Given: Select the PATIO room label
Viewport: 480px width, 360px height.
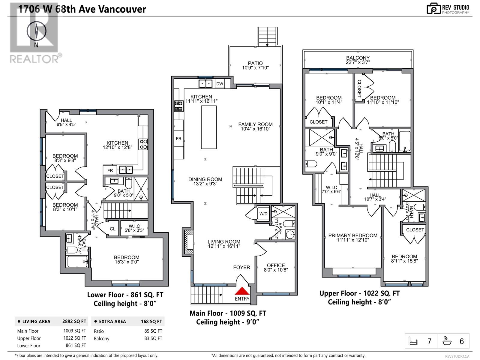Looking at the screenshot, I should tap(255, 63).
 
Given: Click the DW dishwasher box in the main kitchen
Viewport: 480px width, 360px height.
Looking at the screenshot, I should tap(220, 84).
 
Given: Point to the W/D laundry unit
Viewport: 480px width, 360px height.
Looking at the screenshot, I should tap(263, 214).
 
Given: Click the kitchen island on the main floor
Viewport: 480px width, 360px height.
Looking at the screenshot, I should tap(209, 127).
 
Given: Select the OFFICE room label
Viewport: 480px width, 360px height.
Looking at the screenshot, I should tap(276, 265).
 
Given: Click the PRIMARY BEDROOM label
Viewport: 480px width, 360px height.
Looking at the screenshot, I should tap(353, 235).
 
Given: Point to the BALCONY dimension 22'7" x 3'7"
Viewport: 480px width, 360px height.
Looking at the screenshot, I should tap(358, 62).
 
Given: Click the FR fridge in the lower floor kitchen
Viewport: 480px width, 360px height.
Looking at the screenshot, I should tap(110, 170).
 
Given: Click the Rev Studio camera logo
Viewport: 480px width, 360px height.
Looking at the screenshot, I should tap(433, 9).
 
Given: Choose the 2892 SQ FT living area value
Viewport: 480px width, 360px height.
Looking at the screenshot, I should tap(74, 321).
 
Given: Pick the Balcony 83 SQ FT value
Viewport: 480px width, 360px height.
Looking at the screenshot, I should tap(153, 338).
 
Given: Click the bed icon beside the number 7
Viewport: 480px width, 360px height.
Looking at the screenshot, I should tap(413, 341).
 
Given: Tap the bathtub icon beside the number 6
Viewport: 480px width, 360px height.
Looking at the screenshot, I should tap(448, 341).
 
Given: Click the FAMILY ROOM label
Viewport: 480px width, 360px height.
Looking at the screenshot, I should tap(255, 124).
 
